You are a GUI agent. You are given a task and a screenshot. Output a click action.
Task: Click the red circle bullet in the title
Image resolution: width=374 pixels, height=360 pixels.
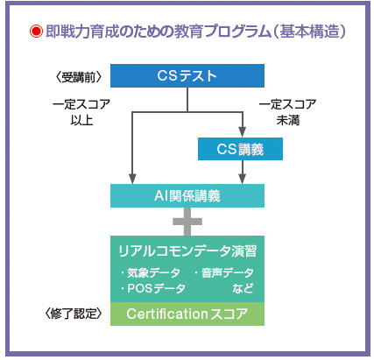pyautogui.click(x=36, y=32)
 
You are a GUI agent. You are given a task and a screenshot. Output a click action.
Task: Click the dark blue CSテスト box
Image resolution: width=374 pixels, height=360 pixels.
pyautogui.click(x=187, y=75)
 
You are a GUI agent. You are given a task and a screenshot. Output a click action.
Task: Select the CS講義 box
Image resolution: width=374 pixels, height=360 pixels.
pyautogui.click(x=240, y=149)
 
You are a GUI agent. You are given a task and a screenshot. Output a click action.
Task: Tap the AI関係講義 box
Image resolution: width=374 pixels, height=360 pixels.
pyautogui.click(x=187, y=195)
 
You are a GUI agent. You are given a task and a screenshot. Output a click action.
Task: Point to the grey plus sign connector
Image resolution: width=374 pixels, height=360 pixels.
pyautogui.click(x=187, y=222)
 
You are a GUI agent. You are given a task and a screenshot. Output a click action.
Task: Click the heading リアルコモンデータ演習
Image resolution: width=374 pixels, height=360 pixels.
pyautogui.click(x=187, y=251)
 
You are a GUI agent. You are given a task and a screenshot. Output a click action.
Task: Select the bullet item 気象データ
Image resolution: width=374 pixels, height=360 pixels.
pyautogui.click(x=151, y=272)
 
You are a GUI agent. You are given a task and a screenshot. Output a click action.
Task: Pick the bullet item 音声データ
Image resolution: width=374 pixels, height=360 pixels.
pyautogui.click(x=223, y=272)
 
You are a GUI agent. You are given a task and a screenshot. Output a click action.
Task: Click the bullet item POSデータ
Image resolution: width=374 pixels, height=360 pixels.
pyautogui.click(x=153, y=288)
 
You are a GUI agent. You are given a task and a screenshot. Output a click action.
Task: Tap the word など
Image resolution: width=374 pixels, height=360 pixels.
pyautogui.click(x=243, y=288)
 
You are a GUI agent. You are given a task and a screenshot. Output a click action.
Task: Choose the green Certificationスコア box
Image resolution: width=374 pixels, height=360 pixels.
pyautogui.click(x=187, y=314)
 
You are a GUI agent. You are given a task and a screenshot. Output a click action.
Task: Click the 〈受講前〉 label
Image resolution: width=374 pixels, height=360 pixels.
pyautogui.click(x=79, y=77)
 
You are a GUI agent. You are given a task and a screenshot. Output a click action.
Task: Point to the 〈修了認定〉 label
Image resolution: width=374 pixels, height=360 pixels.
pyautogui.click(x=74, y=314)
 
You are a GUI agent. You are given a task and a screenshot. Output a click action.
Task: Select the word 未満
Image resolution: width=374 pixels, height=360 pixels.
pyautogui.click(x=288, y=120)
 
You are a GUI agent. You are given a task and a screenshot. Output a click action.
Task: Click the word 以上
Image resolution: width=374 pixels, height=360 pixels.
pyautogui.click(x=81, y=120)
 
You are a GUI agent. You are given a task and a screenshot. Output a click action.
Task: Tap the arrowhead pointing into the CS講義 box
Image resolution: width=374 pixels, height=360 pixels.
pyautogui.click(x=243, y=132)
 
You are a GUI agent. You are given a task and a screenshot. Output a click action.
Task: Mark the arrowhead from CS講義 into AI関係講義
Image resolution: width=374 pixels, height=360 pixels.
pyautogui.click(x=243, y=179)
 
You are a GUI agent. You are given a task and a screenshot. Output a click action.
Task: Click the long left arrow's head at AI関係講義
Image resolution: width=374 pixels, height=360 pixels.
pyautogui.click(x=132, y=179)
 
